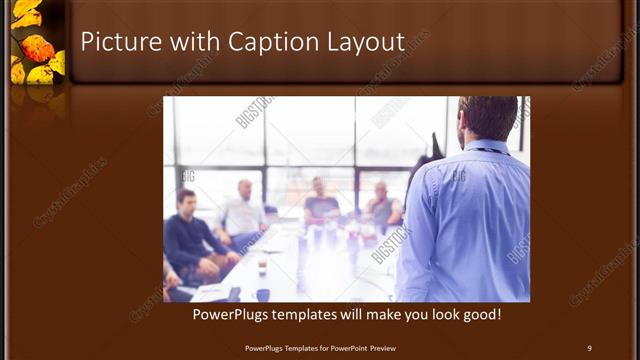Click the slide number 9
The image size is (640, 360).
pyautogui.click(x=589, y=348)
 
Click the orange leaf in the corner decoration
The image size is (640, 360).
pyautogui.click(x=38, y=47)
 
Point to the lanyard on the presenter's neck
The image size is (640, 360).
pyautogui.click(x=490, y=151)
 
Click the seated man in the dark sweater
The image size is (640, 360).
pyautogui.click(x=187, y=235)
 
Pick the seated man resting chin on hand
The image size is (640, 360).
pyautogui.click(x=382, y=208)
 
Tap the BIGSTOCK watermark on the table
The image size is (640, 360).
pyautogui.click(x=392, y=243)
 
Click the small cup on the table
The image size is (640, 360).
pyautogui.click(x=262, y=266)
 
